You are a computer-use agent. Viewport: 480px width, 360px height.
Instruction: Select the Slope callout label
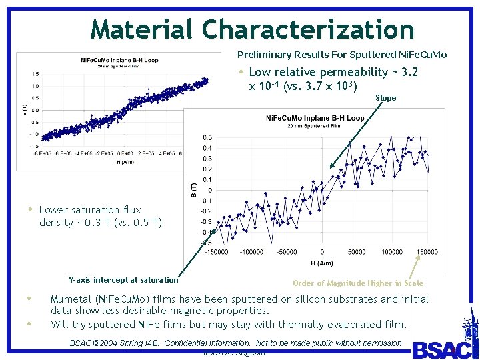pos(385,98)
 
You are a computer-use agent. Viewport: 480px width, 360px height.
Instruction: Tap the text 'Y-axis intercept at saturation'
pos(123,280)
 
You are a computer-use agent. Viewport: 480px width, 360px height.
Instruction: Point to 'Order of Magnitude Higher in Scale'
pos(358,283)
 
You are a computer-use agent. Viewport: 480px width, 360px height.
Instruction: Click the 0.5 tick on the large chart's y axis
pos(207,138)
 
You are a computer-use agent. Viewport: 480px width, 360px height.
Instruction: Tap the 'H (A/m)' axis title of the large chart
pos(321,263)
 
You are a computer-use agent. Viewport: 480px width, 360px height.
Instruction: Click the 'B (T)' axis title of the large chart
pos(193,189)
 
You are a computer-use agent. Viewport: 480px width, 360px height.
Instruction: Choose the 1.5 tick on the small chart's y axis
pos(34,74)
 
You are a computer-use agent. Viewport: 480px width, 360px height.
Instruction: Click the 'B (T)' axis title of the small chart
pos(25,108)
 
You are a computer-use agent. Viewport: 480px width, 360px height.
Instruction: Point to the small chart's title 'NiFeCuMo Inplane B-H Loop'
pos(119,61)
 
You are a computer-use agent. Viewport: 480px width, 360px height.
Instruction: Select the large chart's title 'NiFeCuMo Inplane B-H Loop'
pos(315,118)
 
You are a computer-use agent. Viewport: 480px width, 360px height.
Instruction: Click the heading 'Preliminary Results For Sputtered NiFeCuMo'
pos(342,55)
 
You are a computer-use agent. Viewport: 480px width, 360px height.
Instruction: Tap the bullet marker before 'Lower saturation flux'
pos(29,209)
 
